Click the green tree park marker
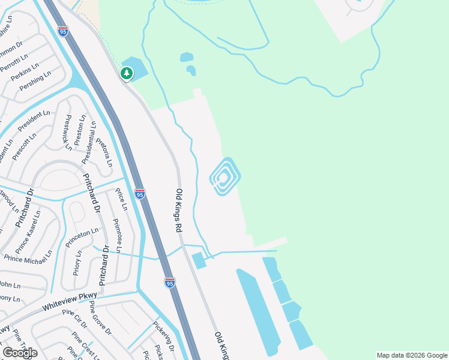point(126,73)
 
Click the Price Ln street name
point(121,199)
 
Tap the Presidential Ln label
point(89,143)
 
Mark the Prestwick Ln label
point(68,132)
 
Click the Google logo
point(20,353)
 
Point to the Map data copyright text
point(412,355)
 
